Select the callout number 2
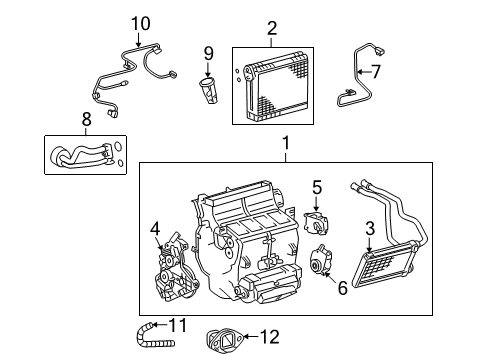pos(271,29)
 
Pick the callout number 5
pos(316,186)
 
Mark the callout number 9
pos(209,53)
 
